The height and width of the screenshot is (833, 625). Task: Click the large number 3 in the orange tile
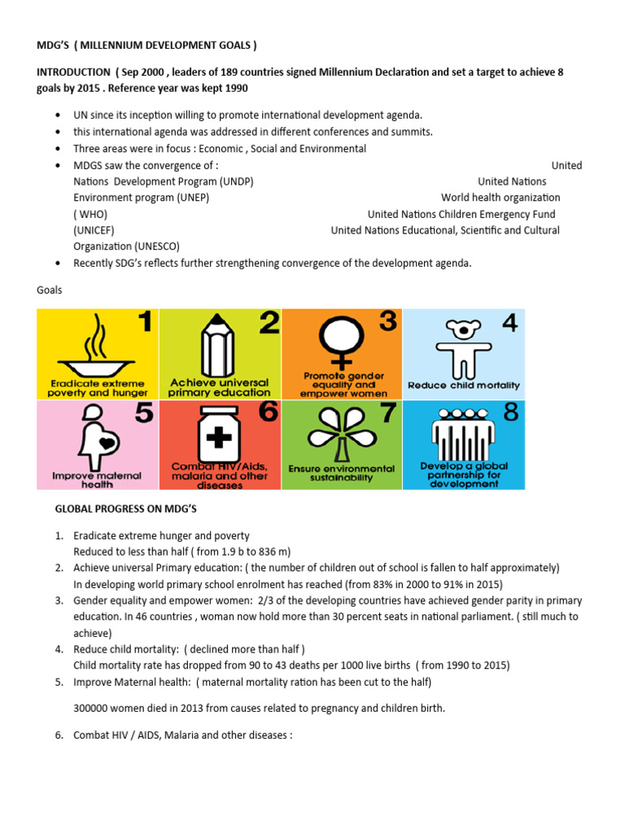click(388, 322)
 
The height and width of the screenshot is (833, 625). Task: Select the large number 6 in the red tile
click(268, 412)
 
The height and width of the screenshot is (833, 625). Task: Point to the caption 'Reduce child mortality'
click(463, 386)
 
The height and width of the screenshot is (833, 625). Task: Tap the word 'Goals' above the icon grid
click(49, 290)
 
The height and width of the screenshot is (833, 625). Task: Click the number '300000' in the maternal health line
click(94, 708)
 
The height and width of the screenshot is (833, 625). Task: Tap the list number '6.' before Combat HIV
click(59, 735)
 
